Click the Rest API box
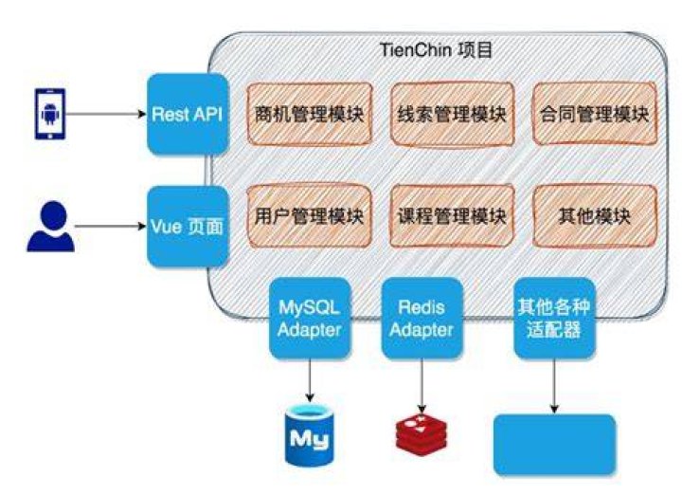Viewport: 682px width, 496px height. coord(188,114)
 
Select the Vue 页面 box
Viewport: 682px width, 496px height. coord(188,227)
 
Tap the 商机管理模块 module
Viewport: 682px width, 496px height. coord(309,114)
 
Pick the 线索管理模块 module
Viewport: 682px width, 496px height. coord(453,114)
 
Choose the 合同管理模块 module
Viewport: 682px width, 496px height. coord(595,114)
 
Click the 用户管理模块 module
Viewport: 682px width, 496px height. coord(309,216)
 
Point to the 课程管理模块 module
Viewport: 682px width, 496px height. coord(453,216)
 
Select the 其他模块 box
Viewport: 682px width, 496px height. coord(595,216)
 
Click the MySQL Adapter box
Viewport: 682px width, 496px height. coord(310,319)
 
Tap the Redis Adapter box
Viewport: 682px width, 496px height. coord(422,319)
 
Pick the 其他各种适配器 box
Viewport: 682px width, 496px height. coord(554,319)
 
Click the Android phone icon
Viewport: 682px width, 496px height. coord(50,114)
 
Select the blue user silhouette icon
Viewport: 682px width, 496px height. coord(51,227)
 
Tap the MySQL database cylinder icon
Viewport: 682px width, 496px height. coord(309,435)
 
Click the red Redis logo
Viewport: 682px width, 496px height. coord(421,435)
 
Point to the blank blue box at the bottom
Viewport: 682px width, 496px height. coord(554,444)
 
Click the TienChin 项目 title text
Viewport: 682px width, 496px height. coord(437,50)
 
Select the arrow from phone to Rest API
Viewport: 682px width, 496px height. coord(106,114)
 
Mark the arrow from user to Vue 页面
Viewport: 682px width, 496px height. coord(111,226)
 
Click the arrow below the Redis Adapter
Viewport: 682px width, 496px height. coord(422,385)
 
